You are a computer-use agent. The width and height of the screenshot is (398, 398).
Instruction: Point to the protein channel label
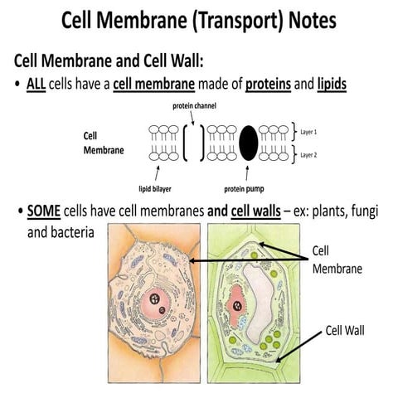coord(195,106)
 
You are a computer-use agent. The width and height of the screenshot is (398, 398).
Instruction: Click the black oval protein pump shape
coord(248,143)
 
